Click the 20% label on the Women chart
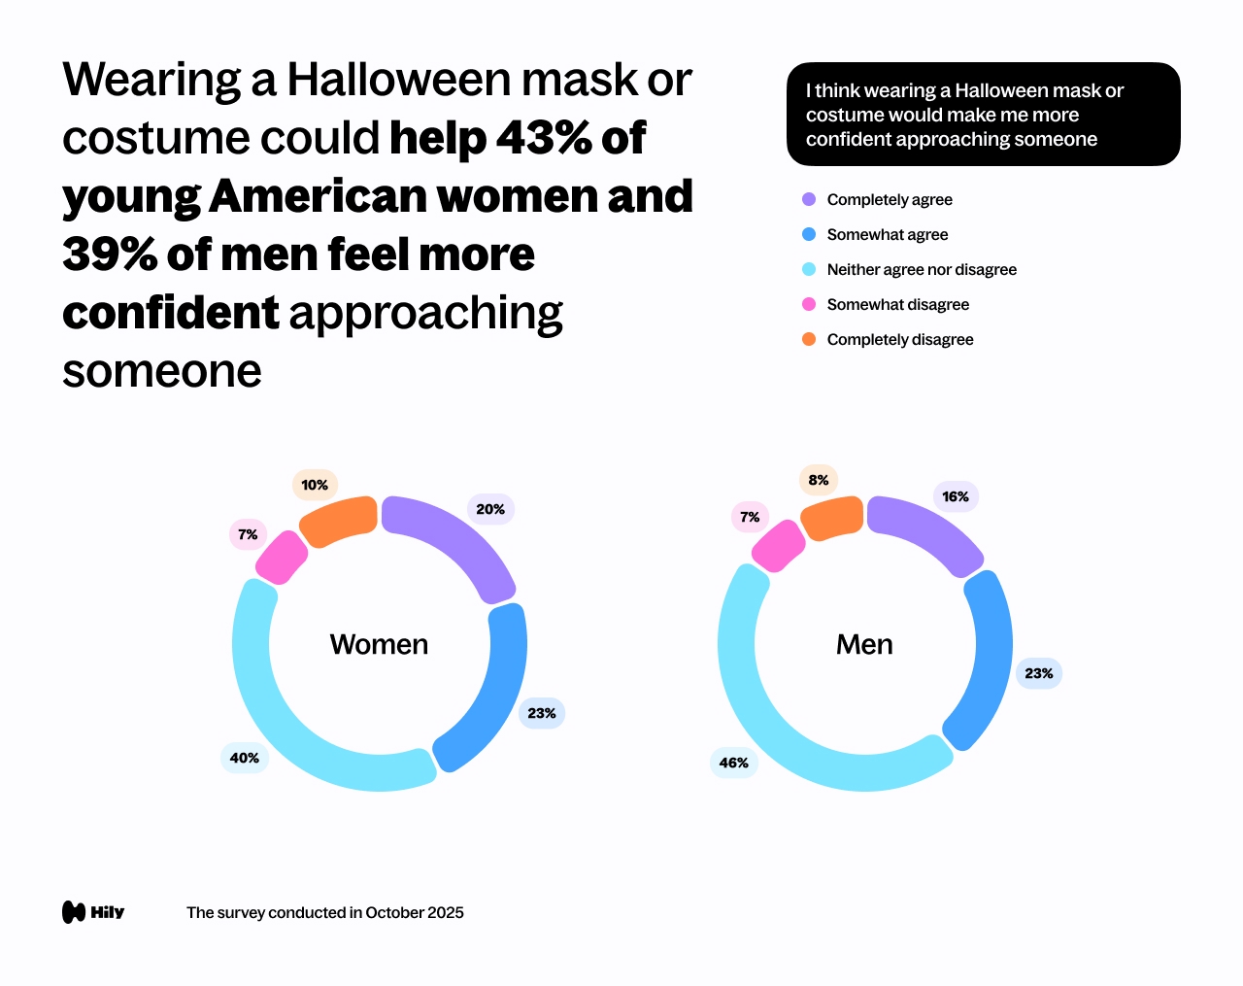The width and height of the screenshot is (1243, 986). coord(490,509)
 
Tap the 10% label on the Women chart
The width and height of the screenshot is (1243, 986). coord(315,485)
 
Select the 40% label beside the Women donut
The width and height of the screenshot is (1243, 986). coord(245,758)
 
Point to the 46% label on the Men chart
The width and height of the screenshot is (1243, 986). coord(734,763)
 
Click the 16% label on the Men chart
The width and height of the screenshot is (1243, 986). coord(956,496)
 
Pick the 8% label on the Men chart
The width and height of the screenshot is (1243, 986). coord(819,480)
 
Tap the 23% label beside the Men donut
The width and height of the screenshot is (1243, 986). coord(1039,673)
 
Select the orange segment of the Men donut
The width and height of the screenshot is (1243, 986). coord(832,518)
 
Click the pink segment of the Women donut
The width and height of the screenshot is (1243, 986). coord(282,558)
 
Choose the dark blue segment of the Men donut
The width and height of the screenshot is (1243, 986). coord(983,661)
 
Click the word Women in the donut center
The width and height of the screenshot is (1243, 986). coord(379,644)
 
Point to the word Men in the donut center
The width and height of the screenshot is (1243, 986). coord(864,644)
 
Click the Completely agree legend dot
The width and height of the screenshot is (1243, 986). coord(809,199)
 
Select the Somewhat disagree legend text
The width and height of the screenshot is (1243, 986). coord(897,304)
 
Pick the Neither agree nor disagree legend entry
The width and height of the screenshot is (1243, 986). coord(921,269)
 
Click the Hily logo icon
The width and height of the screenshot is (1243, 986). coord(74,912)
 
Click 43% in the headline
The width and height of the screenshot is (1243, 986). coord(545,138)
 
